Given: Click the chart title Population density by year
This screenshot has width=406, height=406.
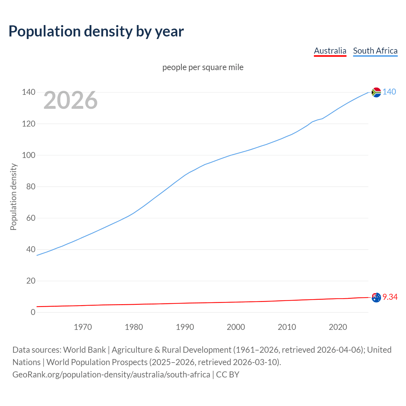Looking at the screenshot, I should click(x=96, y=31).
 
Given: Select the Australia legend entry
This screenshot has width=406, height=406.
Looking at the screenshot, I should click(x=330, y=51).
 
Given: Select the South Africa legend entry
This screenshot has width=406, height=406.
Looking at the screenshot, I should click(x=375, y=51).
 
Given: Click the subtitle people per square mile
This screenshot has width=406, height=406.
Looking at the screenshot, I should click(x=203, y=67).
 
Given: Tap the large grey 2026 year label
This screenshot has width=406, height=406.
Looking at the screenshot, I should click(x=70, y=100).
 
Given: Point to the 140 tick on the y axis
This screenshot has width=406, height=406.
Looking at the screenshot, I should click(x=29, y=92).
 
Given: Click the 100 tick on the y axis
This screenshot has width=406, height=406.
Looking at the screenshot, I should click(x=29, y=155).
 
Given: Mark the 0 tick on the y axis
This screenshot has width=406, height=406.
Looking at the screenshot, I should click(x=33, y=312).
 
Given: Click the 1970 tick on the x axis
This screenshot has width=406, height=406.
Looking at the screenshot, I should click(x=83, y=327).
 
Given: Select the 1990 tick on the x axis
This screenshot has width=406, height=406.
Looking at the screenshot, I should click(x=185, y=327).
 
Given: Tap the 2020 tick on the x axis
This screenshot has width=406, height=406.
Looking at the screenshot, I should click(x=338, y=327).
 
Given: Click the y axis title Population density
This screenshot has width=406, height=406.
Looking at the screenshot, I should click(x=13, y=197).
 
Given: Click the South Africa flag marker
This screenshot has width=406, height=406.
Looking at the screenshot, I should click(x=376, y=92).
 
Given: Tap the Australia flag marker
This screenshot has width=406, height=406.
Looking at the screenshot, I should click(x=376, y=298).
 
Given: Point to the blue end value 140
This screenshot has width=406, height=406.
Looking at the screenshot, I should click(x=389, y=92).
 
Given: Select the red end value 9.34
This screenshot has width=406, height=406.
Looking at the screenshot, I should click(x=390, y=297).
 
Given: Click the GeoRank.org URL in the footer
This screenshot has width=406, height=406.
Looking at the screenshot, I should click(x=111, y=375).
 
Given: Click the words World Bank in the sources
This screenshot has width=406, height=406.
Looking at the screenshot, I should click(x=84, y=350).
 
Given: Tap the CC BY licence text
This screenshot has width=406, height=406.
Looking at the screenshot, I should click(x=228, y=375).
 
